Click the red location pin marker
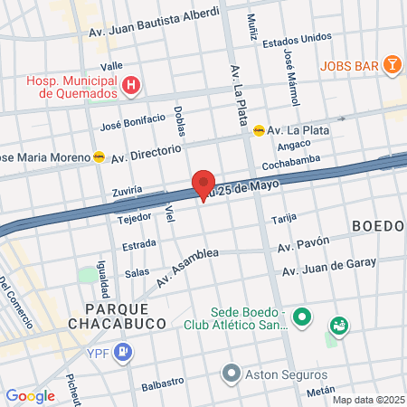click(x=203, y=185)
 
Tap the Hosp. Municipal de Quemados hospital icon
click(x=133, y=86)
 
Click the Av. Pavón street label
click(x=304, y=243)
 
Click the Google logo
click(x=30, y=395)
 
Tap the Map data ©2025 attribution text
click(x=368, y=400)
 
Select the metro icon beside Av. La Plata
click(x=260, y=129)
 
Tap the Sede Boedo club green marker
click(x=303, y=318)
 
